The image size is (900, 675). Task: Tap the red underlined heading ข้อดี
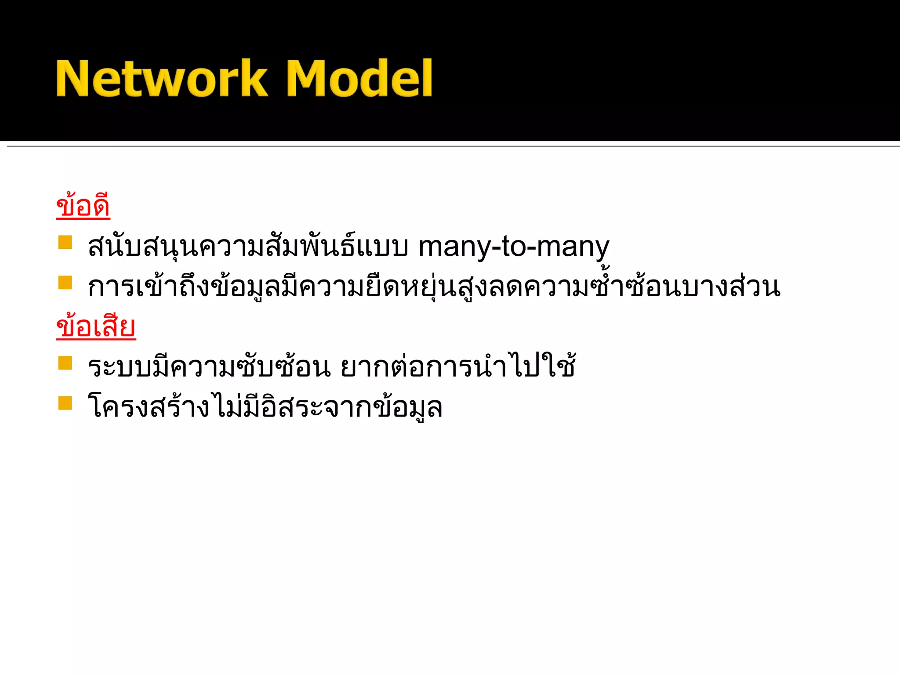click(x=83, y=206)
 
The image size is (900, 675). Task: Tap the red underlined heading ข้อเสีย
click(x=96, y=327)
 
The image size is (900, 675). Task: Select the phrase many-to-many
click(x=513, y=247)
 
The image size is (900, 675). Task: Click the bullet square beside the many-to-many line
click(x=65, y=242)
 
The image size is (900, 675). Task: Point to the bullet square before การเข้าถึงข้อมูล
click(x=65, y=283)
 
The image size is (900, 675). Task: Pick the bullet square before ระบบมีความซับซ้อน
click(x=65, y=363)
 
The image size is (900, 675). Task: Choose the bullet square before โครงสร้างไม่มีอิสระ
click(x=65, y=403)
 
